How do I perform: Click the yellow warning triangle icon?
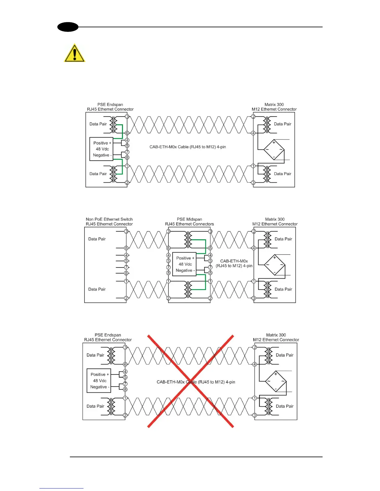pyautogui.click(x=75, y=53)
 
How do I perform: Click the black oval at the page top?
pyautogui.click(x=68, y=27)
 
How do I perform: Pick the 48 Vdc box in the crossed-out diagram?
pyautogui.click(x=99, y=381)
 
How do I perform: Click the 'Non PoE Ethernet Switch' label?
pyautogui.click(x=109, y=219)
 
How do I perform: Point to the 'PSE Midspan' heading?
pyautogui.click(x=189, y=219)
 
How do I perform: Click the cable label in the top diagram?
pyautogui.click(x=188, y=147)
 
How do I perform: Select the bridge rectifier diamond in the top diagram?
pyautogui.click(x=274, y=150)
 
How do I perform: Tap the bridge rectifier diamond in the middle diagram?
pyautogui.click(x=274, y=265)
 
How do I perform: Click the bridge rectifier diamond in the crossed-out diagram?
pyautogui.click(x=276, y=381)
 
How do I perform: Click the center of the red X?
pyautogui.click(x=190, y=381)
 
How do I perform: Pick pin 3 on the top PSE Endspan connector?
pyautogui.click(x=127, y=117)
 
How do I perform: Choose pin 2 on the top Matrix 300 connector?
pyautogui.click(x=253, y=117)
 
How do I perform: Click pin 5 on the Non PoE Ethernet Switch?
pyautogui.click(x=126, y=261)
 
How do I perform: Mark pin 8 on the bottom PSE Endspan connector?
pyautogui.click(x=125, y=390)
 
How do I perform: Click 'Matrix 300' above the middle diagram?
pyautogui.click(x=275, y=219)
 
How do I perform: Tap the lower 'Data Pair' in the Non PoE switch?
pyautogui.click(x=97, y=289)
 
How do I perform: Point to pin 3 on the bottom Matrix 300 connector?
pyautogui.click(x=255, y=415)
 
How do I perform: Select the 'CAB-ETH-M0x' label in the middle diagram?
pyautogui.click(x=234, y=261)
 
